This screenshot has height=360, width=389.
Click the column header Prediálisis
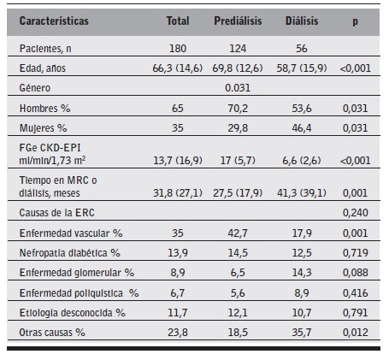coord(238,18)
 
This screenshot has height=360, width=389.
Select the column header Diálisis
coord(302,18)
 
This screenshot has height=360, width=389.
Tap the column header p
coord(354,18)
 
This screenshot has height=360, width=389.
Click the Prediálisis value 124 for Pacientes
coord(237,48)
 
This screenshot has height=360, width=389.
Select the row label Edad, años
coord(44,68)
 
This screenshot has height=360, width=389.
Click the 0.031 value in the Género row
coord(237,87)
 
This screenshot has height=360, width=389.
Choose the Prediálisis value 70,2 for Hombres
coord(237,108)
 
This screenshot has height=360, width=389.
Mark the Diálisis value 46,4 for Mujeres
coord(302,127)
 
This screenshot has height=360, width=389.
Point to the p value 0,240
coord(354,210)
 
